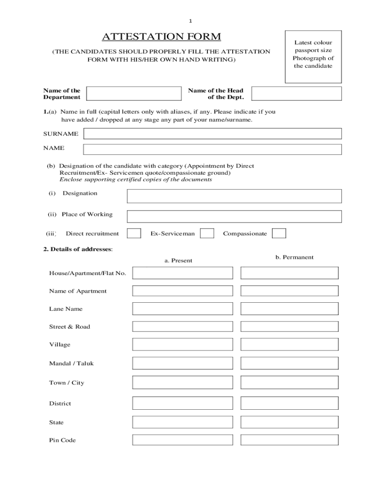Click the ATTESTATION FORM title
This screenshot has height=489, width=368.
tap(161, 37)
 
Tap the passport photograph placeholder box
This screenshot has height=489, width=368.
tap(313, 54)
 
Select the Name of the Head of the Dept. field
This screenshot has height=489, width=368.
tap(296, 94)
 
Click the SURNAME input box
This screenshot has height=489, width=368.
tap(212, 134)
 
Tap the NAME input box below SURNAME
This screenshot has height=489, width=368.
tap(212, 149)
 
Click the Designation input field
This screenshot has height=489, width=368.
tap(234, 196)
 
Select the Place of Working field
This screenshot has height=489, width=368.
tap(234, 216)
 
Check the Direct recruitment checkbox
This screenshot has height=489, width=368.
tap(134, 233)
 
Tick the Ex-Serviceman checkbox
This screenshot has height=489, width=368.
tap(207, 233)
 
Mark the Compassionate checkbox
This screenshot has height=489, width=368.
tap(279, 233)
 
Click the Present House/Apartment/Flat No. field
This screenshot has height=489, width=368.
tap(183, 273)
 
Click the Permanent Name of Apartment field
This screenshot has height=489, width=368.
tap(289, 291)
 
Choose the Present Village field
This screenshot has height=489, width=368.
tap(183, 344)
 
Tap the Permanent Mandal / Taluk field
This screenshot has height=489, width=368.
tap(289, 363)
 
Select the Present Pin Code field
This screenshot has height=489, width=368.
tap(183, 440)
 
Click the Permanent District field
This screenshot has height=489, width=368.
tap(289, 404)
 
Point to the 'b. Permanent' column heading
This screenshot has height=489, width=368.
tap(294, 257)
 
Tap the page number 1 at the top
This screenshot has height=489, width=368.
tap(190, 21)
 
